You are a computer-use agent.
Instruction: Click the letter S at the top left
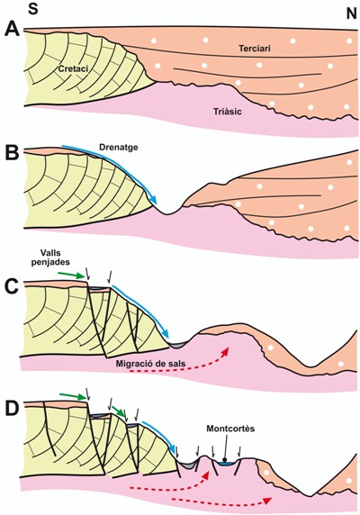click(x=33, y=8)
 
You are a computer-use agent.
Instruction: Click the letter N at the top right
click(x=351, y=14)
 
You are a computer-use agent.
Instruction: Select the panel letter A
click(x=12, y=30)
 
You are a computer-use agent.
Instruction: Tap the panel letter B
click(x=12, y=153)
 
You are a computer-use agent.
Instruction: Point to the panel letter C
click(x=12, y=287)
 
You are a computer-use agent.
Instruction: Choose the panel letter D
click(x=12, y=409)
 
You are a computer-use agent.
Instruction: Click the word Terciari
click(x=255, y=49)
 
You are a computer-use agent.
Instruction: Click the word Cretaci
click(x=74, y=68)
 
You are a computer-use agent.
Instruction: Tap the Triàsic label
click(x=228, y=112)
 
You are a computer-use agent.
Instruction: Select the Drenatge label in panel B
click(x=119, y=147)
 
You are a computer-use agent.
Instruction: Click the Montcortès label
click(x=230, y=429)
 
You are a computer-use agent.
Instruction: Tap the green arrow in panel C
click(x=71, y=275)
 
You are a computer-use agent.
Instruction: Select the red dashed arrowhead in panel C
click(x=225, y=350)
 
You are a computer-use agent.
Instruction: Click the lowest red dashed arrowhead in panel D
click(x=268, y=501)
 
